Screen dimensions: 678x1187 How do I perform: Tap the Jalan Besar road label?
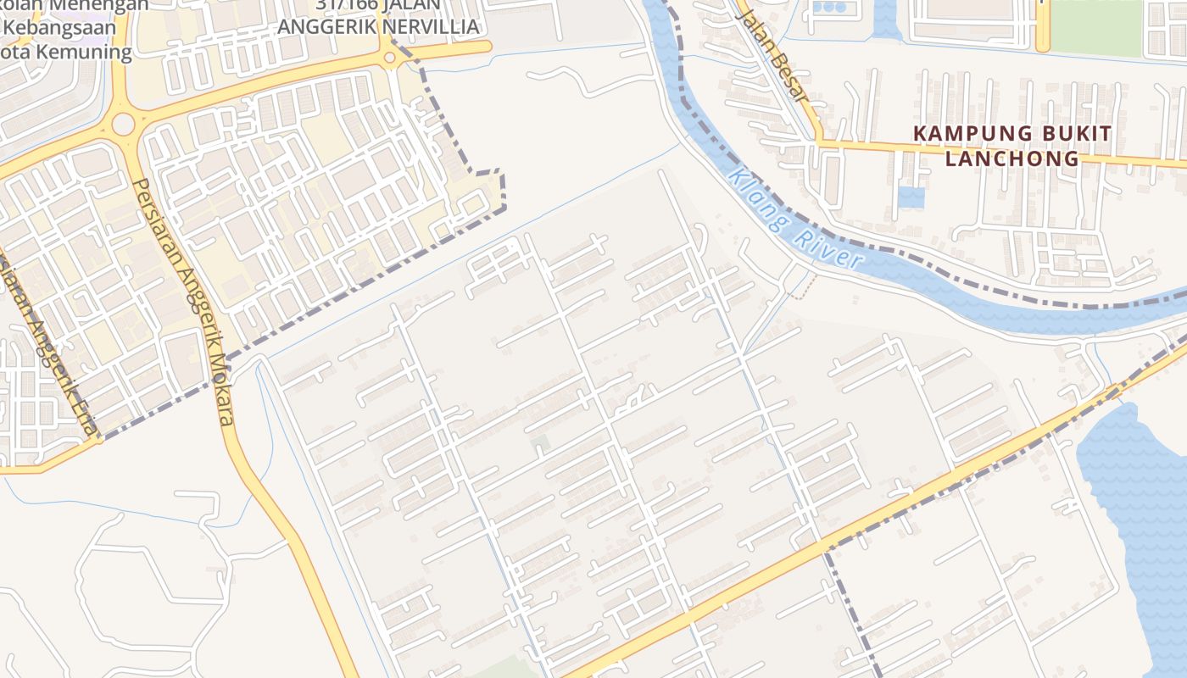[771, 56]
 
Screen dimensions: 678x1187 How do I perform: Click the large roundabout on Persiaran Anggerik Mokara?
[123, 125]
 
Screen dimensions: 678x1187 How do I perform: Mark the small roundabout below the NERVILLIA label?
[389, 57]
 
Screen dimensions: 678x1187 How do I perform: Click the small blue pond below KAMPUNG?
[911, 197]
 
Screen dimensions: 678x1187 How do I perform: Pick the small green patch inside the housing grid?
[539, 443]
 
